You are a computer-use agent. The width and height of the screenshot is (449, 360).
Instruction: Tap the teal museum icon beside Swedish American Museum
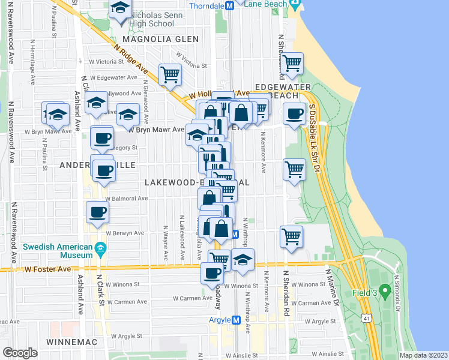100,248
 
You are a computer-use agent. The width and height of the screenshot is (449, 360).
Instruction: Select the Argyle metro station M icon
237,320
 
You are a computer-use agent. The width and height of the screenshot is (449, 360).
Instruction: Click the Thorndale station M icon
228,6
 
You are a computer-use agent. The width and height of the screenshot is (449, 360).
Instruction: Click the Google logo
20,352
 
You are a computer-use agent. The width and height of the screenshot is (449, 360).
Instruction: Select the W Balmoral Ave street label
126,199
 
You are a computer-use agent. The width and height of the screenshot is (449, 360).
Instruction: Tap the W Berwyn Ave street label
125,233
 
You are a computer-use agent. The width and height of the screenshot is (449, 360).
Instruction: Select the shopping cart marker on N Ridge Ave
170,74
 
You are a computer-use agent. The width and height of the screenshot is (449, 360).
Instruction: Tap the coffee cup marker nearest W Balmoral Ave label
97,211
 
